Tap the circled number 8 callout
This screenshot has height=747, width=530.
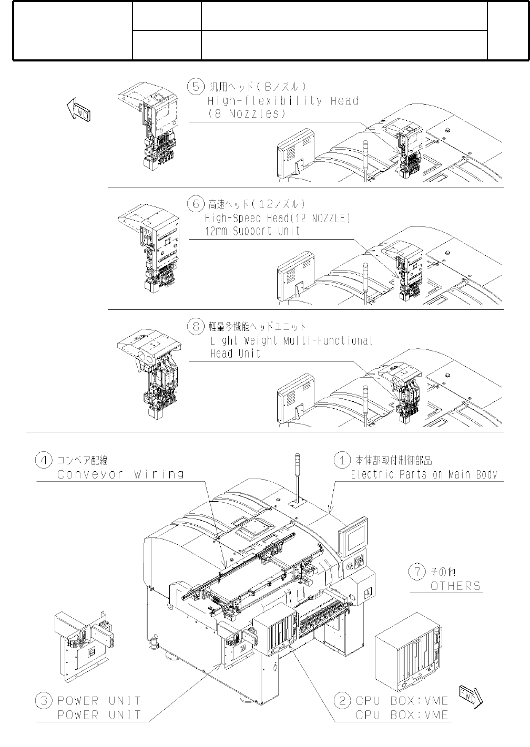pos(196,326)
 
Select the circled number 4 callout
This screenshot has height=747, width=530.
pos(43,460)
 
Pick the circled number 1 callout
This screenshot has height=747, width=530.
pos(342,460)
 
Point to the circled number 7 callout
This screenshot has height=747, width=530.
pos(417,572)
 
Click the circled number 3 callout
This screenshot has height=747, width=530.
pos(43,700)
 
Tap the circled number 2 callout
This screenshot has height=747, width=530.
pos(342,700)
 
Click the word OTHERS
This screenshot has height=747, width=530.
pos(455,586)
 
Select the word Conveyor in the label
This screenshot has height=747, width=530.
pos(90,474)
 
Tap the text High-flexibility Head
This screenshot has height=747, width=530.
pos(283,100)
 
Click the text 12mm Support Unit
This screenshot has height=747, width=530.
pos(252,231)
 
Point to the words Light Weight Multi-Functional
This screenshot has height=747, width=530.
pos(291,340)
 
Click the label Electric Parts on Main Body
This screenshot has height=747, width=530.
pos(424,474)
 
